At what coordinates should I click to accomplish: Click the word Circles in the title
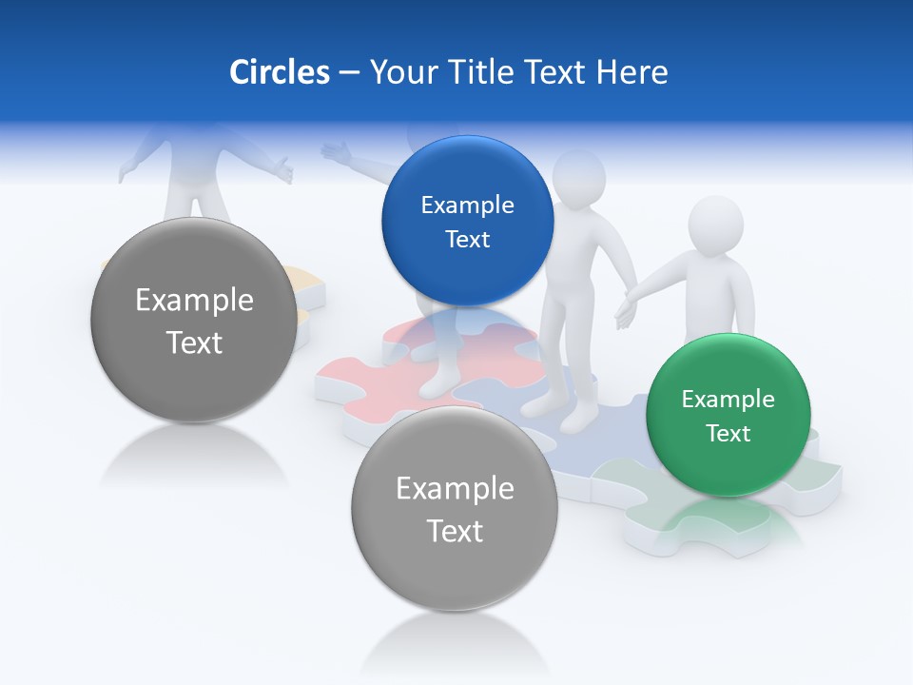(x=280, y=72)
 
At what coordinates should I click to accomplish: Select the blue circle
(x=467, y=222)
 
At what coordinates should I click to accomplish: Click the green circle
(x=728, y=416)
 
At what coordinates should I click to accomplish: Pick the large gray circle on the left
(x=194, y=320)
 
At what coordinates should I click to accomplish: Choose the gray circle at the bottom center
(x=455, y=508)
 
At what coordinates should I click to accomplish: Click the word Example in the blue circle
(x=467, y=205)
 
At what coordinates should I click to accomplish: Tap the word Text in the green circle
(x=728, y=434)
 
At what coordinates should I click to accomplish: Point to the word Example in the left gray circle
(x=194, y=301)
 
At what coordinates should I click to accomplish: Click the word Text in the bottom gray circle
(x=455, y=531)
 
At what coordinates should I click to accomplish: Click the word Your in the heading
(x=403, y=72)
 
